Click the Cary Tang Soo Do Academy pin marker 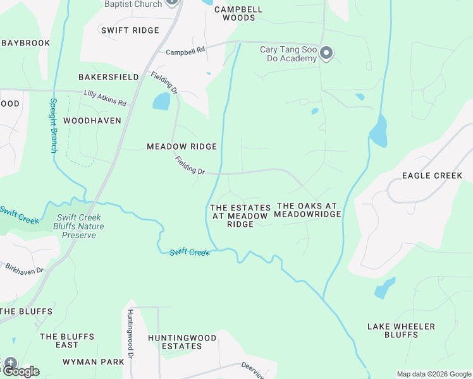326,53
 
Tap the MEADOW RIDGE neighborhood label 181,147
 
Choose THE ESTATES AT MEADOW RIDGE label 240,216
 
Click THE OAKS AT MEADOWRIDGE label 309,210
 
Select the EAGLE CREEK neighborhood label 432,176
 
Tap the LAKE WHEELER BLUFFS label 402,330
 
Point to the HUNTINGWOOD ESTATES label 182,342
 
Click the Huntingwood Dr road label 130,335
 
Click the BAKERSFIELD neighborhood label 108,77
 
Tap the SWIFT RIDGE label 130,30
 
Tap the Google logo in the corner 21,371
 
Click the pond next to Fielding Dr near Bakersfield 161,101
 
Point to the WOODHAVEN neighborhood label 92,121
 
